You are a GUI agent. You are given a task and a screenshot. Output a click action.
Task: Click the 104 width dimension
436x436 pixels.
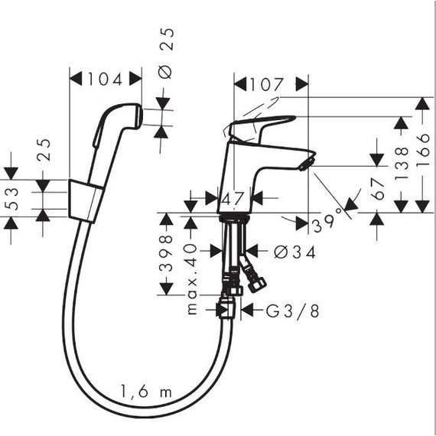(106, 78)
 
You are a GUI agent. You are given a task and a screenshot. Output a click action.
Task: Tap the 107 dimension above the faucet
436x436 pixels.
(270, 83)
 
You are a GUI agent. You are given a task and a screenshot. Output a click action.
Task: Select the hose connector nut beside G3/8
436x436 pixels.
(226, 308)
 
